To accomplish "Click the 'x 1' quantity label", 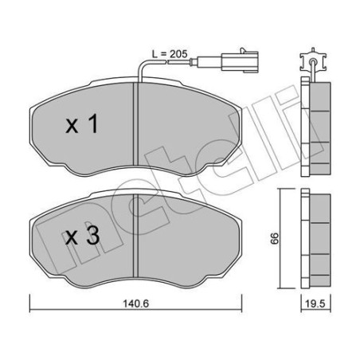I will [83, 124].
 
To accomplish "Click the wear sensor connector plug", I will [233, 57].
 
